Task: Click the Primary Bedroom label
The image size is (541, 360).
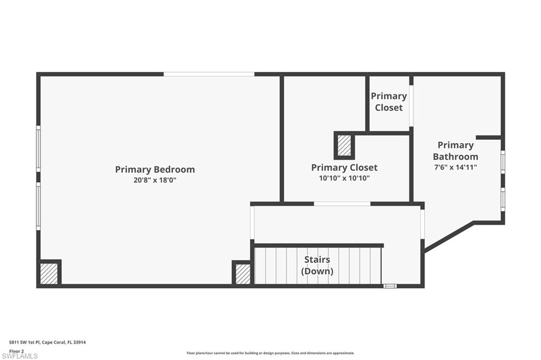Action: tap(155, 169)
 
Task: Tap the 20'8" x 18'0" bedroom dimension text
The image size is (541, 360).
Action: tap(155, 180)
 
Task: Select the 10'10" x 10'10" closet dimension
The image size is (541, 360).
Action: tap(344, 178)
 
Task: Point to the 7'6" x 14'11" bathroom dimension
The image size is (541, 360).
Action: tap(455, 167)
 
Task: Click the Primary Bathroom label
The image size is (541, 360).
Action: tap(455, 150)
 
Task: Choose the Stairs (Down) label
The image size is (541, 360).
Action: tap(317, 265)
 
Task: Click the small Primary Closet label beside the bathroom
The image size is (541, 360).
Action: tap(389, 102)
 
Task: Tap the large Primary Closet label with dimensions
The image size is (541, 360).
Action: tap(344, 167)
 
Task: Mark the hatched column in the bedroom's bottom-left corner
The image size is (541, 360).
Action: tap(49, 274)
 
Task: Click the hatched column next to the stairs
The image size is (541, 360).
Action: tap(243, 274)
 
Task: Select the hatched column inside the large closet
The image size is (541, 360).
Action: tap(343, 146)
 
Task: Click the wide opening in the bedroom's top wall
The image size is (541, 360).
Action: tap(209, 74)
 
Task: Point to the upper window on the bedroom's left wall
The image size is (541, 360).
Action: tap(38, 149)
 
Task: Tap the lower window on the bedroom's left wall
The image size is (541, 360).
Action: tap(38, 206)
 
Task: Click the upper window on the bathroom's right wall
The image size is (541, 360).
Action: tap(503, 162)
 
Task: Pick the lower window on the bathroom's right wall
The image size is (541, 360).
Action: tap(503, 200)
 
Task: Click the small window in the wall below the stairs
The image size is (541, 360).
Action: tap(390, 286)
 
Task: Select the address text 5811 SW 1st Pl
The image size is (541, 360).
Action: tap(24, 343)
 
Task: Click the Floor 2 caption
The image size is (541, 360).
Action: tap(16, 351)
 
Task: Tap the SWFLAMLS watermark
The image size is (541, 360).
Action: tap(20, 356)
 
